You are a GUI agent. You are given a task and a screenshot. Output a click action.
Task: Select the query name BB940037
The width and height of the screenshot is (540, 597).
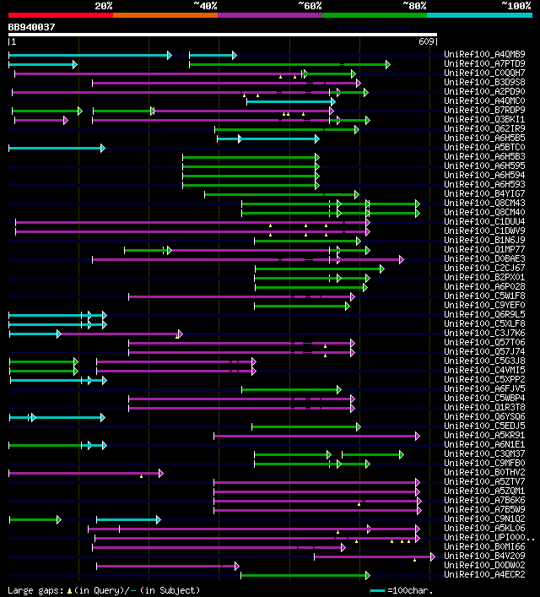31,27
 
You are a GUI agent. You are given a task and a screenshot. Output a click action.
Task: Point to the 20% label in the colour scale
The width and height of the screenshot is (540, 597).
104,6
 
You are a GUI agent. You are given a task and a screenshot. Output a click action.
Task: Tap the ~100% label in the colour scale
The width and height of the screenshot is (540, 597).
515,6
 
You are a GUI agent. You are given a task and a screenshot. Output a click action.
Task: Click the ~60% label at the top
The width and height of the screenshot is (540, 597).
310,6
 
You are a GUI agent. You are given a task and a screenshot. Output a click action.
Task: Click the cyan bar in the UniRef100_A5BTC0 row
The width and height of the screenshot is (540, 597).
56,148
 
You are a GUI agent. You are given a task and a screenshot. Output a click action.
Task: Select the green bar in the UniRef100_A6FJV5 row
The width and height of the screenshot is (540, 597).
291,389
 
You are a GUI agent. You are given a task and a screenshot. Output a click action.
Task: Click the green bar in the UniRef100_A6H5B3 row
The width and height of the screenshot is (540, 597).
250,157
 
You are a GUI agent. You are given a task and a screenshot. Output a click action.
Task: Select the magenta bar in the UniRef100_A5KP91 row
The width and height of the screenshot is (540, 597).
316,436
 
